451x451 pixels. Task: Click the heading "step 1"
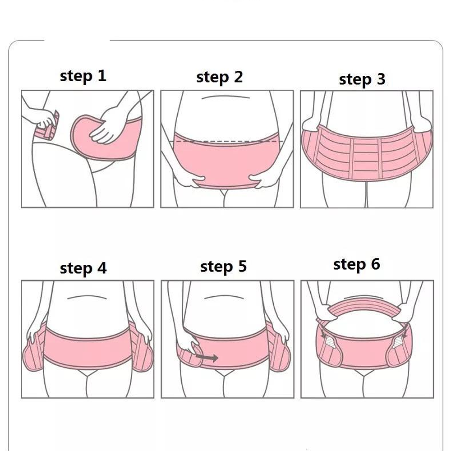83,76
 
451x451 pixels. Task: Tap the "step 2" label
219,77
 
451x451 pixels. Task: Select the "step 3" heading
362,79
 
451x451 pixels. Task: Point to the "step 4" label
83,268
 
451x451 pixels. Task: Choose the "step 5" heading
223,267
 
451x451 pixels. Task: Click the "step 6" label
356,264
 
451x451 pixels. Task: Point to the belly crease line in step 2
225,97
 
